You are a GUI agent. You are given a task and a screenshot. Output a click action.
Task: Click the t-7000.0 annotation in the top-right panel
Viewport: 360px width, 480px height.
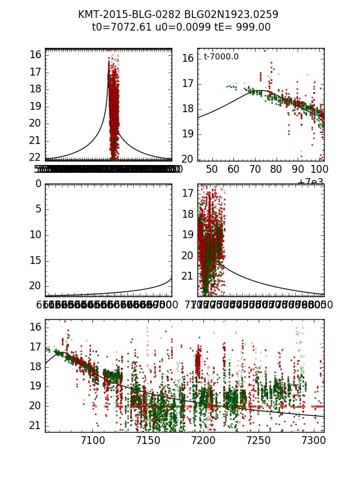[x=221, y=57]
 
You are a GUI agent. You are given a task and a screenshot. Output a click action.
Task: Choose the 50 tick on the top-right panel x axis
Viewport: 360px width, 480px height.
[x=212, y=169]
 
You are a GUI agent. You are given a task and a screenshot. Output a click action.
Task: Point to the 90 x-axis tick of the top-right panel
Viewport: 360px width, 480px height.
[x=298, y=169]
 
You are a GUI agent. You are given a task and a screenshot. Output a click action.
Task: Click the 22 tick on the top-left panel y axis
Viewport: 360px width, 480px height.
[x=35, y=157]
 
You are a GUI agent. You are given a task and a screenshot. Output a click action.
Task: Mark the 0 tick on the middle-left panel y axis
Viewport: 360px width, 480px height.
[x=38, y=184]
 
